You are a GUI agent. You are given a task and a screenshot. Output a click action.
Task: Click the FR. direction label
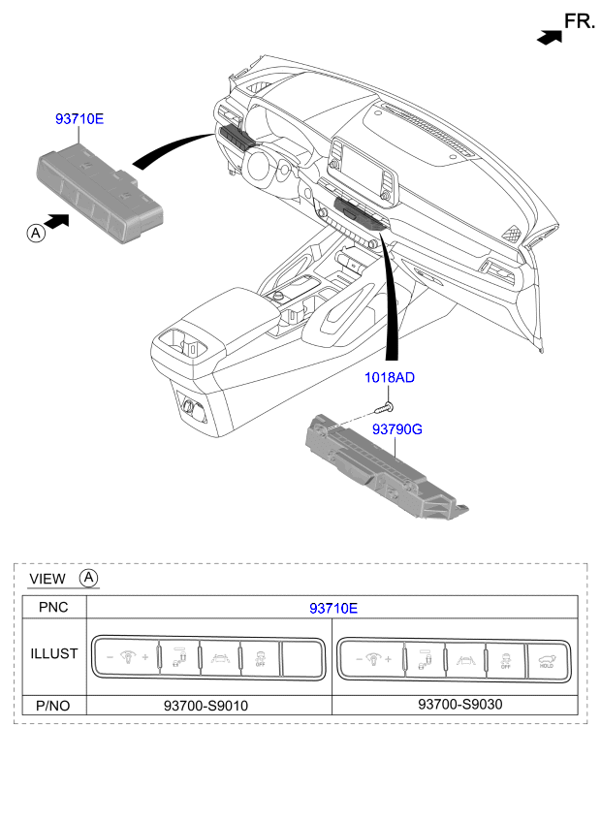point(579,20)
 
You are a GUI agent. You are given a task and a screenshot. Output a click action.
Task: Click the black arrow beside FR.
point(550,37)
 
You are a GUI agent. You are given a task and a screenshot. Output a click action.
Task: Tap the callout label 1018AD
point(390,378)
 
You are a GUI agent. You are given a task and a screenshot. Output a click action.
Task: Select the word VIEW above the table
point(47,579)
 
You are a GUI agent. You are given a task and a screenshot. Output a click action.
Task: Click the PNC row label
point(52,608)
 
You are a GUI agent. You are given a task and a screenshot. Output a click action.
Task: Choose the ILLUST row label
point(53,653)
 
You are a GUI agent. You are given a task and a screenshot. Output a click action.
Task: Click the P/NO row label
point(53,705)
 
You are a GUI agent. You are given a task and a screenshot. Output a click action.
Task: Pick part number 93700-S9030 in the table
point(457,705)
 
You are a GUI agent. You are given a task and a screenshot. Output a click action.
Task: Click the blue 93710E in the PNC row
point(333,608)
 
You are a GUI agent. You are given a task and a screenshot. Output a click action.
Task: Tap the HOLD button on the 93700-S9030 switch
point(546,659)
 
